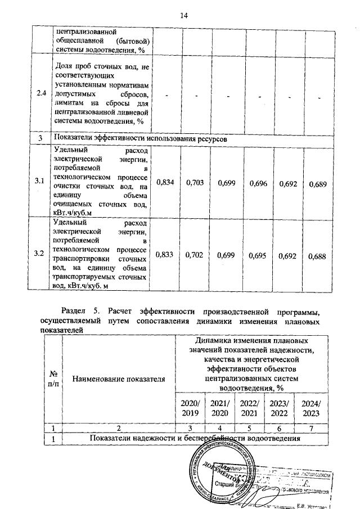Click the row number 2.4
coord(40,93)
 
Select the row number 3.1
coord(40,181)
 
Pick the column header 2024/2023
coord(311,408)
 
